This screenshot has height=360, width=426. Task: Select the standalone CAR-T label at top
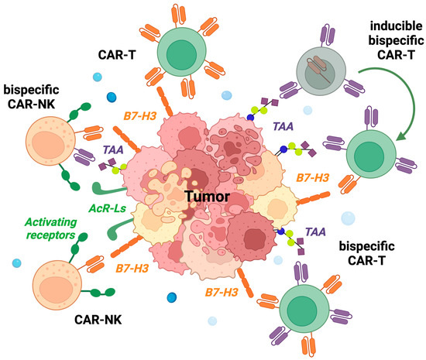(118, 56)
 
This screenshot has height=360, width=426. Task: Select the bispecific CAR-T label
(370, 252)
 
